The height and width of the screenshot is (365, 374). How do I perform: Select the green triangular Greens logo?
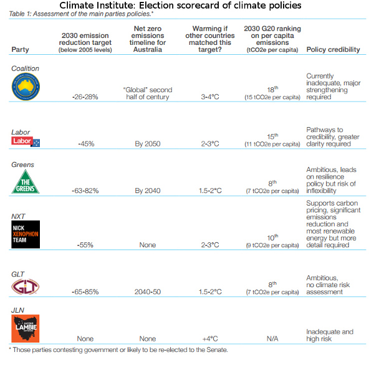[x=26, y=183]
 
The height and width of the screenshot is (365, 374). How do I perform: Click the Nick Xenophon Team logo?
[x=26, y=234]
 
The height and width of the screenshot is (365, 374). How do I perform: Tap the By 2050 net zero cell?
[x=148, y=144]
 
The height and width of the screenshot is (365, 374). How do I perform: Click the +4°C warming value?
[x=209, y=339]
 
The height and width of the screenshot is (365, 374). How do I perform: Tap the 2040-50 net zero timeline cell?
[x=148, y=290]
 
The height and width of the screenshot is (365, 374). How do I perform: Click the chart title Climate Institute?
[x=186, y=6]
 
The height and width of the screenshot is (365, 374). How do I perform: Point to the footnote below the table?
[x=118, y=351]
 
